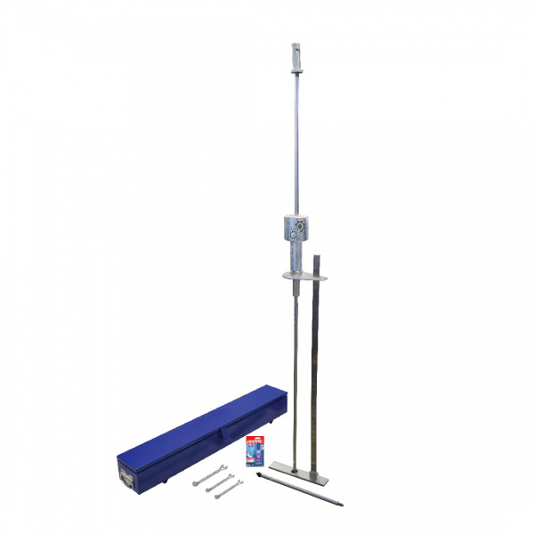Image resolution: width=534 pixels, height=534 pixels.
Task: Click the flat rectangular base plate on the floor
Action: (299, 472)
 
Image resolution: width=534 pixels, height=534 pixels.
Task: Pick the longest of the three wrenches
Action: (210, 475)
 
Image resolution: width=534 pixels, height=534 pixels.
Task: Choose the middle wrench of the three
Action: (219, 481)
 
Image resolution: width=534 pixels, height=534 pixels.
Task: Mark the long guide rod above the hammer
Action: (295, 133)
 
